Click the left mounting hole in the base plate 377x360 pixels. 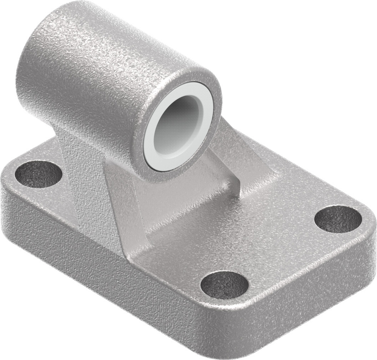pyautogui.click(x=38, y=174)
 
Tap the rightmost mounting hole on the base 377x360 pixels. pyautogui.click(x=338, y=219)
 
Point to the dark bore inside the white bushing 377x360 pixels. pyautogui.click(x=177, y=124)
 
